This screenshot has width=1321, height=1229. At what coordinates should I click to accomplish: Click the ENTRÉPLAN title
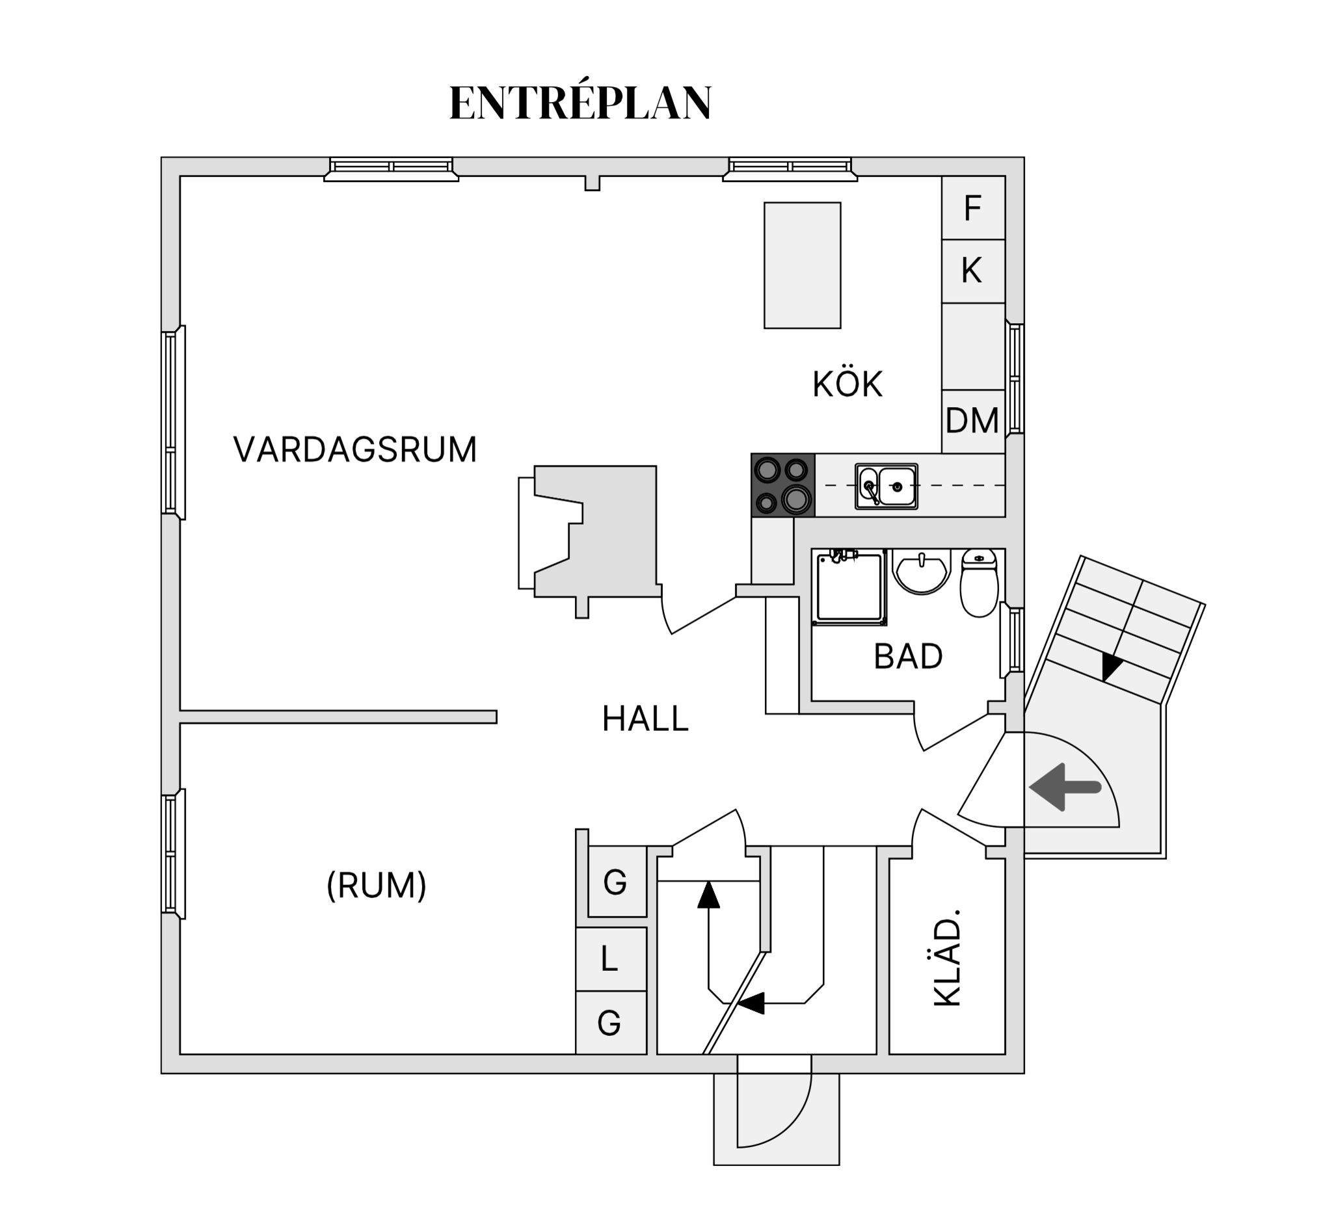580,103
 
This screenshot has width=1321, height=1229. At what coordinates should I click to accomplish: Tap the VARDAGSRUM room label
355,450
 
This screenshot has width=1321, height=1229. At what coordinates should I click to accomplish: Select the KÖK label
847,385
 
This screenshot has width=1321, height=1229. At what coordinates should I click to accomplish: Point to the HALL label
645,719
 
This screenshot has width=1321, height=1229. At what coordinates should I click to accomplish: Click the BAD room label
908,656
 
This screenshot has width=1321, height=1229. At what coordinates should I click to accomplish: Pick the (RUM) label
376,885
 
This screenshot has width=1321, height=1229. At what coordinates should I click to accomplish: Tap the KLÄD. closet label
948,957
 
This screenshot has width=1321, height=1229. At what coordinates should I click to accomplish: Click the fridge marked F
972,208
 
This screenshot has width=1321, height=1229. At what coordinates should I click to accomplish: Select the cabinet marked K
972,271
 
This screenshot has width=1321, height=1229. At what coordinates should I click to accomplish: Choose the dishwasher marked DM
972,421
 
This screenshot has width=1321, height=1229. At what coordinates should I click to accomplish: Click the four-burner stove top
782,485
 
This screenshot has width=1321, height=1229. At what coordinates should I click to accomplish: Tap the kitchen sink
887,486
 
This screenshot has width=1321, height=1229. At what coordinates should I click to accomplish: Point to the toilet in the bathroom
979,583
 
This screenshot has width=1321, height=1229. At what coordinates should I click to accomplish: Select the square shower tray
849,587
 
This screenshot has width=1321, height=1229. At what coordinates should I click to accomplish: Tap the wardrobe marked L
610,959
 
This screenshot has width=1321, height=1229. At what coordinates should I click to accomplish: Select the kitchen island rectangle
802,265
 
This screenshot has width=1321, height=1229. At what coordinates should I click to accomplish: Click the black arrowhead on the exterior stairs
1111,666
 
